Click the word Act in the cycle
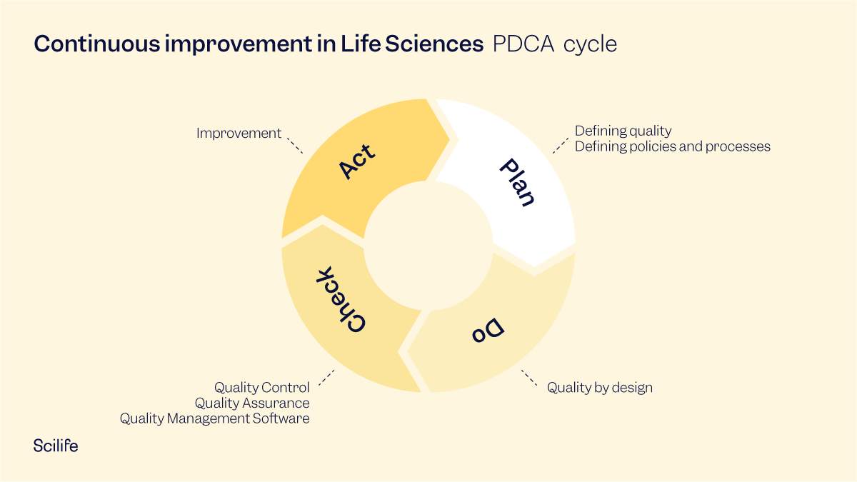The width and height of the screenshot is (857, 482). coord(356,160)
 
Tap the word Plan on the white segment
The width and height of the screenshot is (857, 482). coord(516,183)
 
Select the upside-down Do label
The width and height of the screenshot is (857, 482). coord(488,330)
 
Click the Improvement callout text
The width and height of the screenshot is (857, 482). coord(239,134)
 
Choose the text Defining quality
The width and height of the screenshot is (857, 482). coord(623,131)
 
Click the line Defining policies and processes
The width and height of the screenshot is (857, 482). coord(672,146)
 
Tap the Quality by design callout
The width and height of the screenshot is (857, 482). coord(599,388)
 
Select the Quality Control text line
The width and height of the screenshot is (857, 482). coord(262,388)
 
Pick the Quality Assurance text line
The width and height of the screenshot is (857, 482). coord(252,403)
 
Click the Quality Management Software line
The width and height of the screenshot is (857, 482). coord(214,418)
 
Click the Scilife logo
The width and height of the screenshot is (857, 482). coord(56,446)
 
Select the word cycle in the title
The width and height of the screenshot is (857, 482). coord(590,44)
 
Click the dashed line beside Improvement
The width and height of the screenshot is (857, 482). coord(294,146)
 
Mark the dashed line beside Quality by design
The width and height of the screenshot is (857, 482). coord(529,378)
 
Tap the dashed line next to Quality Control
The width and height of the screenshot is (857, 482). coord(326,378)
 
